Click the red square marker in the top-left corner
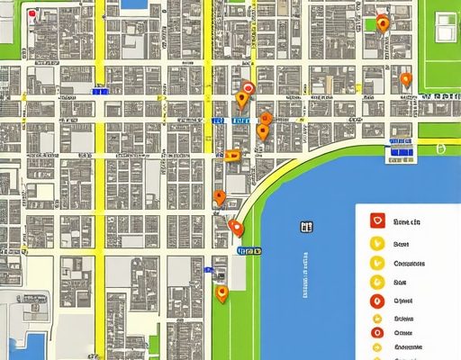click(x=33, y=14)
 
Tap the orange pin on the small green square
click(x=383, y=24)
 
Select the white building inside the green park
click(x=447, y=28)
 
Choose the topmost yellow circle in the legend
click(x=377, y=243)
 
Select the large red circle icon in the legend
click(x=377, y=302)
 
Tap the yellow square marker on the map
click(x=233, y=155)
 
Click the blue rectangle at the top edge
click(x=133, y=4)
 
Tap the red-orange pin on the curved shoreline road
click(x=236, y=228)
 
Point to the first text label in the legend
click(x=409, y=221)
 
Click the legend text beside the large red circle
click(x=404, y=302)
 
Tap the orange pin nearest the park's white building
click(x=405, y=79)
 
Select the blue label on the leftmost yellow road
click(x=101, y=90)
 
